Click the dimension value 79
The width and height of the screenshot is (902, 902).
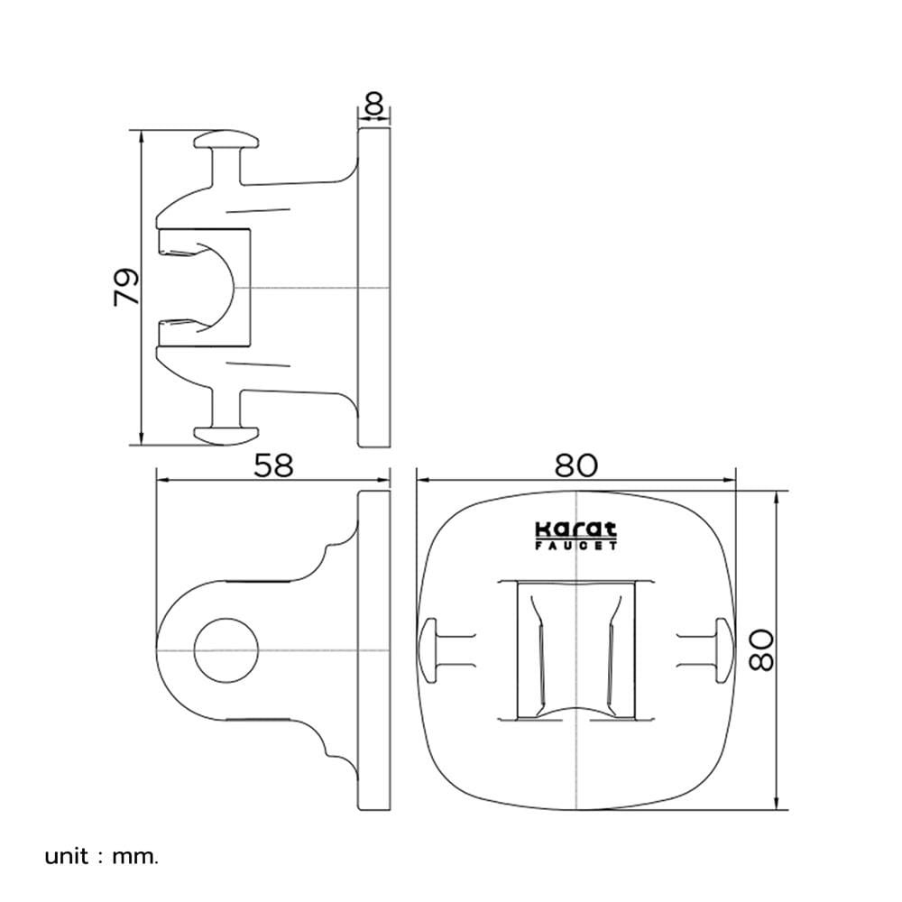pos(126,287)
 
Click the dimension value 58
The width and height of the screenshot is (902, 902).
pos(274,465)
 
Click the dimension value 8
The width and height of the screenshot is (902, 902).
pos(374,105)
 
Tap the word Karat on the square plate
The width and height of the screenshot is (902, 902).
pos(575,529)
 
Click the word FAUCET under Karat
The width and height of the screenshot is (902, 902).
pos(575,546)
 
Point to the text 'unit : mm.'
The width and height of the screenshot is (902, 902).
pos(101,857)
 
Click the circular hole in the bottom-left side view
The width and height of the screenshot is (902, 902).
pos(225,650)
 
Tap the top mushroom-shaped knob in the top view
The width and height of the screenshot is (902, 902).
pos(225,140)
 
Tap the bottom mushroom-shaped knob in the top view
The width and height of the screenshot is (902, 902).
pos(225,436)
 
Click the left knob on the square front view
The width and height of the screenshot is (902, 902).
pos(429,650)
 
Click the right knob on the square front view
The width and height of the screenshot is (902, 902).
pos(723,650)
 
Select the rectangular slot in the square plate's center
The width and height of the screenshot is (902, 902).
pos(575,650)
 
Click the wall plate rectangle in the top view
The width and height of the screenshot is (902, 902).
pos(374,287)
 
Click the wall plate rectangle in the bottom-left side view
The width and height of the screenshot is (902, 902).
pos(374,650)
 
